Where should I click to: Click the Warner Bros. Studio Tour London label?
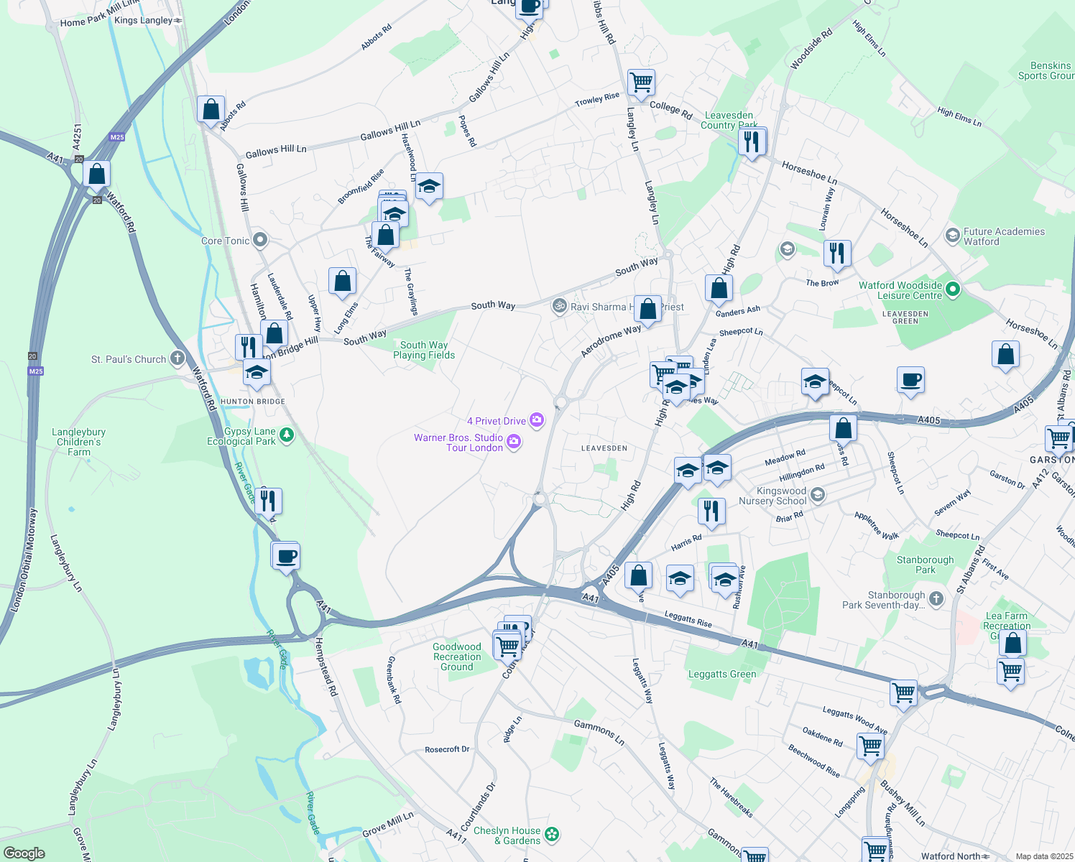coord(458,442)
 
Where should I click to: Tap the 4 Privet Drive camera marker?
coord(537,420)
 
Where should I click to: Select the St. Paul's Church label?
coord(129,359)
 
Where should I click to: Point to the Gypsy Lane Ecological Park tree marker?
coord(287,435)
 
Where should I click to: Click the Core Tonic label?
coord(225,241)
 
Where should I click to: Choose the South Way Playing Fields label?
coord(424,350)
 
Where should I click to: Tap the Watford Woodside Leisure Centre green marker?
coord(953,289)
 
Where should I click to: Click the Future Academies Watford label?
coord(1004,236)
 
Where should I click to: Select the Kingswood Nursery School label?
coord(772,496)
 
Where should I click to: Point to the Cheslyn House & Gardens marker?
coord(552,835)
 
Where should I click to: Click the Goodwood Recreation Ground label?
coord(457,657)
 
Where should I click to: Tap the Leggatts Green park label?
coord(722,674)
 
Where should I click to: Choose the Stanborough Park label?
coord(925,565)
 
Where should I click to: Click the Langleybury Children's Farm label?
coord(79,442)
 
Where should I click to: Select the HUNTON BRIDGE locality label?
coord(253,402)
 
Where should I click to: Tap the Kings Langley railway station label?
coord(144,20)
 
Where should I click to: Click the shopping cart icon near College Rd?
coord(641,82)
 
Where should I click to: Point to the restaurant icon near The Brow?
coord(837,254)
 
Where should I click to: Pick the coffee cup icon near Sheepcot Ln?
coord(910,380)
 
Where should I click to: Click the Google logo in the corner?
coord(24,853)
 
